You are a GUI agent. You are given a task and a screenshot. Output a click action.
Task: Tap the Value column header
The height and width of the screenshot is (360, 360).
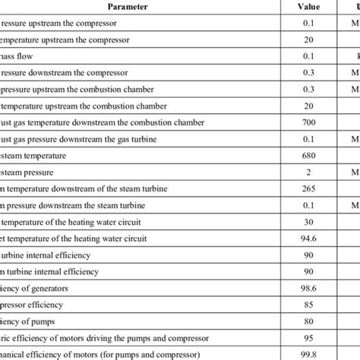click(x=307, y=8)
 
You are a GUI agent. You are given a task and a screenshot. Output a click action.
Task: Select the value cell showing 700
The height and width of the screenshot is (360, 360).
click(x=307, y=122)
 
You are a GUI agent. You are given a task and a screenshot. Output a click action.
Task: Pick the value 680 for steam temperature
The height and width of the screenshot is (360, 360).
click(x=307, y=156)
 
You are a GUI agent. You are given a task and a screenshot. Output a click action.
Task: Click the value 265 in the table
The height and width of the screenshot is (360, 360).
click(x=307, y=189)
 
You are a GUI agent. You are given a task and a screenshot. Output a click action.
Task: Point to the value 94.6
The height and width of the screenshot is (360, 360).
click(x=307, y=238)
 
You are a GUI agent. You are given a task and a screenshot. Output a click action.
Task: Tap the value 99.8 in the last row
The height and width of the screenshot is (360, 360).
click(x=307, y=355)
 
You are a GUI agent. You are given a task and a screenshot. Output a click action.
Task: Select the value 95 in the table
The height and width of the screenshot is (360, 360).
click(x=307, y=338)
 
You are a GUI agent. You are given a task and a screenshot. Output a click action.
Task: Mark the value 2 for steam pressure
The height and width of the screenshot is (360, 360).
click(x=307, y=172)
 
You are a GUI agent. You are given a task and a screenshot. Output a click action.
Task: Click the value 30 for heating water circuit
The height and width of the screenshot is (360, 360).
click(x=307, y=222)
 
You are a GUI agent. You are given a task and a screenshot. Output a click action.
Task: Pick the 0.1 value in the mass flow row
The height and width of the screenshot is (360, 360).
click(x=307, y=55)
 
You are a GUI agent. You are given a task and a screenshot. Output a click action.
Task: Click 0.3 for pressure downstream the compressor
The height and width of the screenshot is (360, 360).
click(x=307, y=72)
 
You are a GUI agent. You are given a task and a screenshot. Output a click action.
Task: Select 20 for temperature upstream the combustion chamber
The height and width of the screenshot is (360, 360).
click(x=307, y=106)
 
